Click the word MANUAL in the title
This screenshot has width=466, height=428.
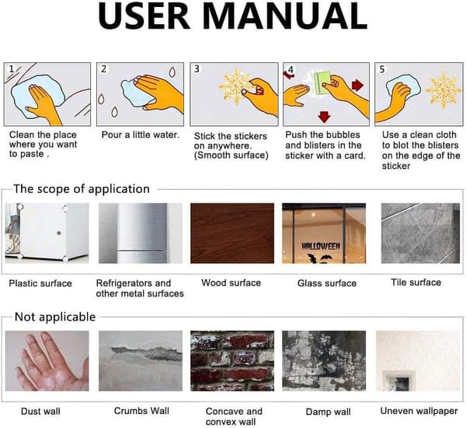286,16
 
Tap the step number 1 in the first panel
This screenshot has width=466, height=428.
12,69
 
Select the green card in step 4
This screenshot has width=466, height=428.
322,82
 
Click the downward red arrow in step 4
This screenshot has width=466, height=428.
324,117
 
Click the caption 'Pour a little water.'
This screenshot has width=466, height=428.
141,135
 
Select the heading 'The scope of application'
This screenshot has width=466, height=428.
82,189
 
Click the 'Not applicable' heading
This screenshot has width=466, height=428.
55,317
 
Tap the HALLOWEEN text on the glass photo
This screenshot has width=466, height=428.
321,246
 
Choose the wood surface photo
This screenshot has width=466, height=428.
232,233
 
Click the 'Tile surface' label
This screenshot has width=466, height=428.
416,282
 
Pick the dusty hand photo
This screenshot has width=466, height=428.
47,361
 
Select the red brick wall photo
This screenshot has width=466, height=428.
232,361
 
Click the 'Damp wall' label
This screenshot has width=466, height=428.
328,412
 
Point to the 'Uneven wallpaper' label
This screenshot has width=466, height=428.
419,411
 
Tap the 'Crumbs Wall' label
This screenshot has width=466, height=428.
141,411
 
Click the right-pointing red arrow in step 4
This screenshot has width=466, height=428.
357,86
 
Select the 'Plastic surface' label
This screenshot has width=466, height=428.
40,283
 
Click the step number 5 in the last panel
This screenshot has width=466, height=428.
382,69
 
